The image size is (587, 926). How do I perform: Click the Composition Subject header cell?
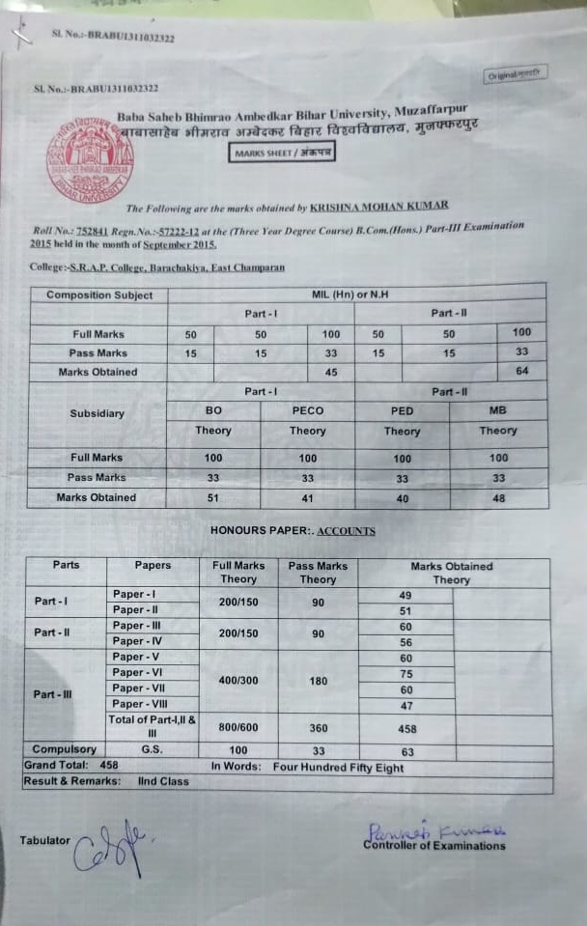(x=99, y=295)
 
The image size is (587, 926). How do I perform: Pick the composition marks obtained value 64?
(x=522, y=372)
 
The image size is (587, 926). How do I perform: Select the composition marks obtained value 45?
(x=331, y=372)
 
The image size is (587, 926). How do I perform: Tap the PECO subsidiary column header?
(x=307, y=410)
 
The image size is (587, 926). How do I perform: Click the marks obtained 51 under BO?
(x=213, y=497)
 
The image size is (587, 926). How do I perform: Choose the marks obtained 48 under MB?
(x=498, y=497)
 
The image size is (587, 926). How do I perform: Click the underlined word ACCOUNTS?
(x=346, y=531)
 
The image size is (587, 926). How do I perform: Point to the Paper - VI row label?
(x=143, y=672)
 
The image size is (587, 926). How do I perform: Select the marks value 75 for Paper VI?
(x=405, y=674)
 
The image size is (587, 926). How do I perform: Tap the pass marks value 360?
(x=318, y=729)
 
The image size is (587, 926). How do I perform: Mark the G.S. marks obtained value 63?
(x=406, y=751)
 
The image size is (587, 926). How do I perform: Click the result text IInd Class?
(x=163, y=780)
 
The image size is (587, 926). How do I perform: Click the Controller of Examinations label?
(x=433, y=846)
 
